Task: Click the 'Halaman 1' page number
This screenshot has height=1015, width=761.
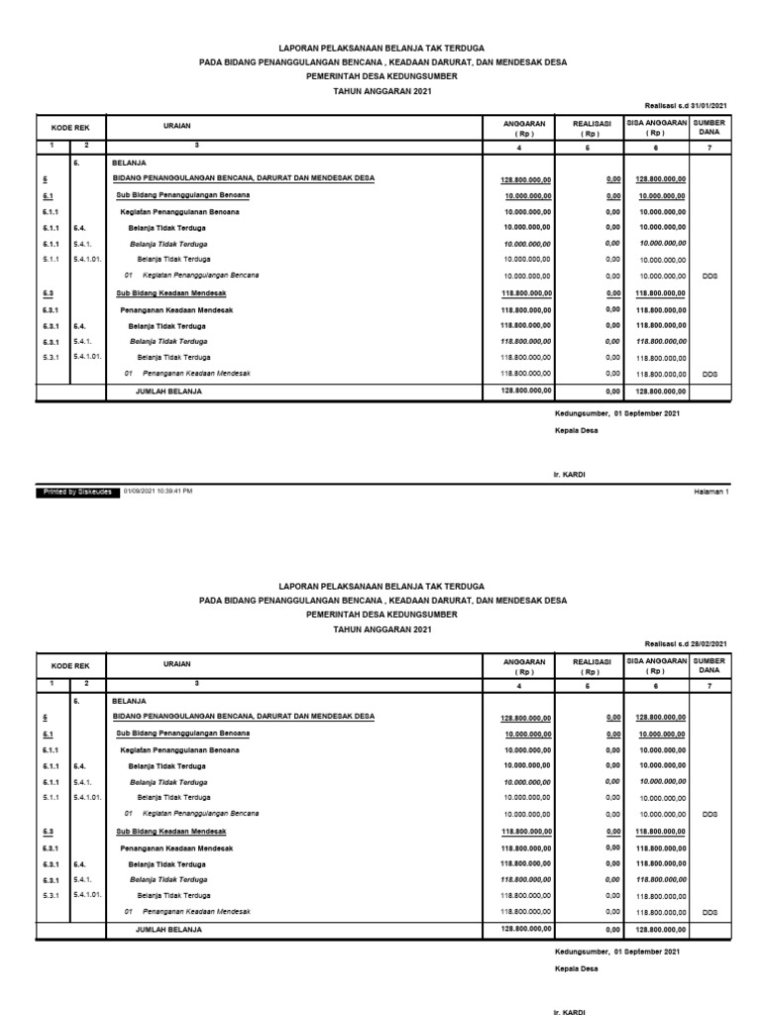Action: pos(710,490)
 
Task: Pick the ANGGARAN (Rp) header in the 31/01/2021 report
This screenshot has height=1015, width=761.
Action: pos(525,127)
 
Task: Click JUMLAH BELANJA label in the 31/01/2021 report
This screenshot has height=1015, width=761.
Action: pos(168,392)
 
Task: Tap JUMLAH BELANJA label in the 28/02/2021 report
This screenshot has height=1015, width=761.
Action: pos(168,930)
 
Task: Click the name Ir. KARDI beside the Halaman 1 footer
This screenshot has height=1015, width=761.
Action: pos(570,475)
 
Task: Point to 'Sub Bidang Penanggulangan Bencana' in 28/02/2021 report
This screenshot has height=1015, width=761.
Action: pos(182,733)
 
